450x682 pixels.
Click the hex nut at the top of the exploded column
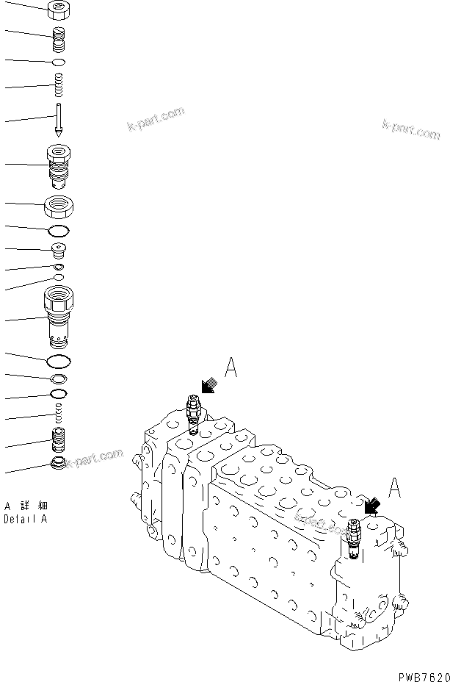click(x=58, y=10)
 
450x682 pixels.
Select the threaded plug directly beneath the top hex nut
click(x=58, y=38)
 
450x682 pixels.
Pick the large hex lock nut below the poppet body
click(x=59, y=207)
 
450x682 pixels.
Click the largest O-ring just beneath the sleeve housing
click(x=59, y=361)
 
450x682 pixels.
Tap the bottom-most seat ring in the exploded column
click(x=58, y=464)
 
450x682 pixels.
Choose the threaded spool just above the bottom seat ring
click(x=58, y=442)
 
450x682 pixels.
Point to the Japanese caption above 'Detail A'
click(x=26, y=507)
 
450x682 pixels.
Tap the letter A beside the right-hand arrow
click(x=395, y=487)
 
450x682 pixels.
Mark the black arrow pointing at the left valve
click(x=208, y=385)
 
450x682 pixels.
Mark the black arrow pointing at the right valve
click(x=372, y=505)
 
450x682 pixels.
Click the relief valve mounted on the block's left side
click(x=193, y=414)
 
